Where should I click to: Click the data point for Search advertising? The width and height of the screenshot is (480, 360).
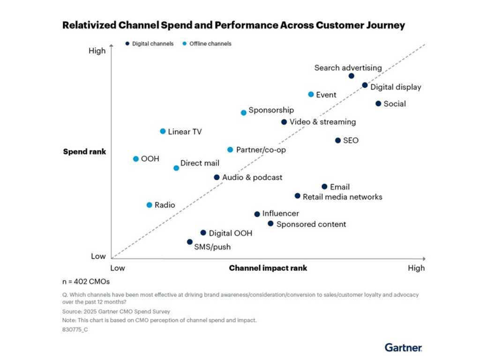352,76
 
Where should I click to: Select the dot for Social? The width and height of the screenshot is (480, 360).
378,104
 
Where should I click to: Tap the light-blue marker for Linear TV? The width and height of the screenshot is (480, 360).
163,131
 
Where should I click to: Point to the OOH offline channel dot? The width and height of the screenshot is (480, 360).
136,159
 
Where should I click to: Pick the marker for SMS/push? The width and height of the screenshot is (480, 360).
190,242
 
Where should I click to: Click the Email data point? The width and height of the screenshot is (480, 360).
324,187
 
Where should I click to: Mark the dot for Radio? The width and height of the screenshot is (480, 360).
150,205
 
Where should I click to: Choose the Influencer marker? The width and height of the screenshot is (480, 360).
257,214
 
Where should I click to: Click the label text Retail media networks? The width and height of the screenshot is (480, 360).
342,197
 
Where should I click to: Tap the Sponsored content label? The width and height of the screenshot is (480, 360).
311,224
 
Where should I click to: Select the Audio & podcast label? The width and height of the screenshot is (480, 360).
252,178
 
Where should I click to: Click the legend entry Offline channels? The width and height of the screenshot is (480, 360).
210,44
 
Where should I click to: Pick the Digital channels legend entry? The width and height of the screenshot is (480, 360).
152,44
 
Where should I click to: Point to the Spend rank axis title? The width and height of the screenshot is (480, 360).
84,152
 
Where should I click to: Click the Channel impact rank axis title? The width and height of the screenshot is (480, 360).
268,268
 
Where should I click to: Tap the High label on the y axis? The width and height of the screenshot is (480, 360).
97,51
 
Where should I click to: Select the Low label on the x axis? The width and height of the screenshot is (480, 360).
117,268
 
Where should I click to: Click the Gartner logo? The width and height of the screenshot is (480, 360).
403,347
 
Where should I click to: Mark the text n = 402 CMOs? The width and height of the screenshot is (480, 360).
86,282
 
